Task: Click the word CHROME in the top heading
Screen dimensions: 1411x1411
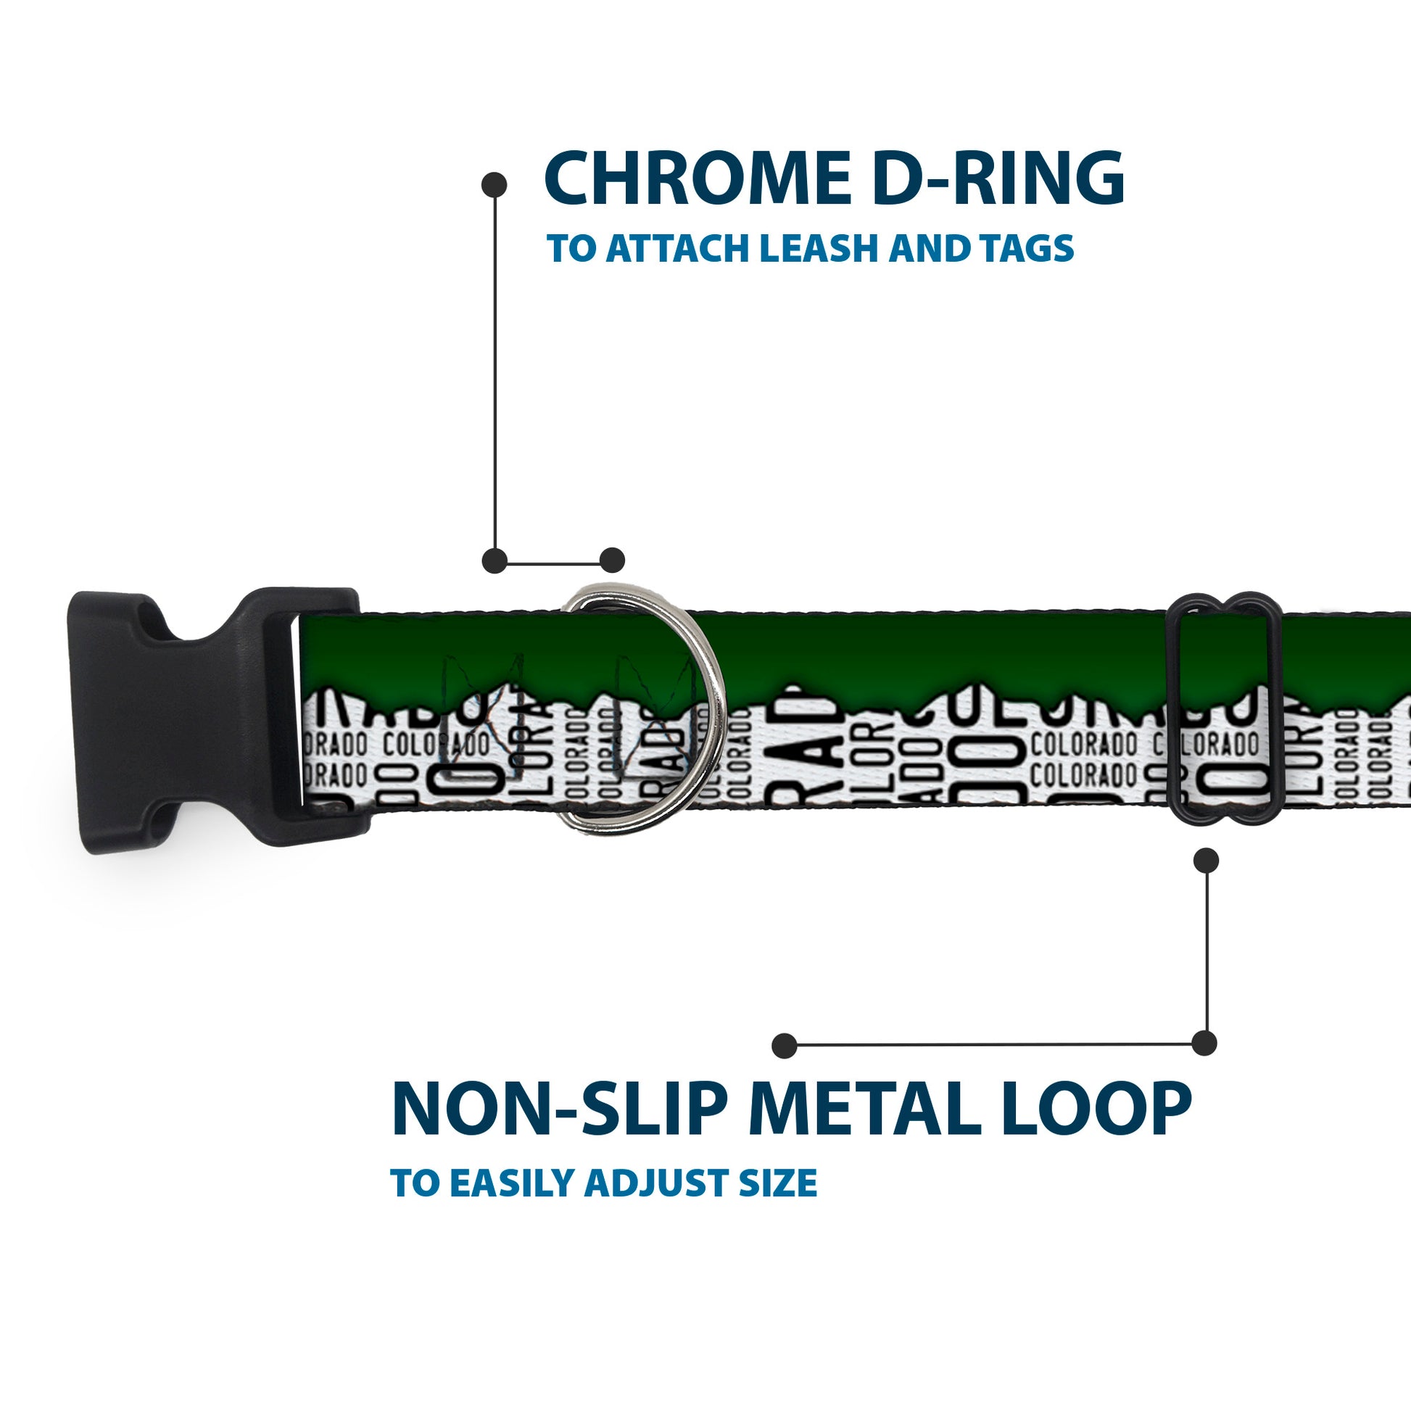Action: coord(698,179)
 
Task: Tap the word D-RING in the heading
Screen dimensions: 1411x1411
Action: coord(997,179)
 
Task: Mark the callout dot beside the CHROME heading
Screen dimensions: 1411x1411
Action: coord(495,185)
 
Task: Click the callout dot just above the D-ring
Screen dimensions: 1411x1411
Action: coord(612,560)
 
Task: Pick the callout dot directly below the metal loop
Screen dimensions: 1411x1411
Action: coord(1206,861)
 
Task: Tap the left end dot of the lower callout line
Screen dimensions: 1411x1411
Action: coord(785,1045)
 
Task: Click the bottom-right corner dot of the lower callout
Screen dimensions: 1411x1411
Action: coord(1204,1043)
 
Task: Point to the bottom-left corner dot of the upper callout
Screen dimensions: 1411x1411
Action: coord(495,560)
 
